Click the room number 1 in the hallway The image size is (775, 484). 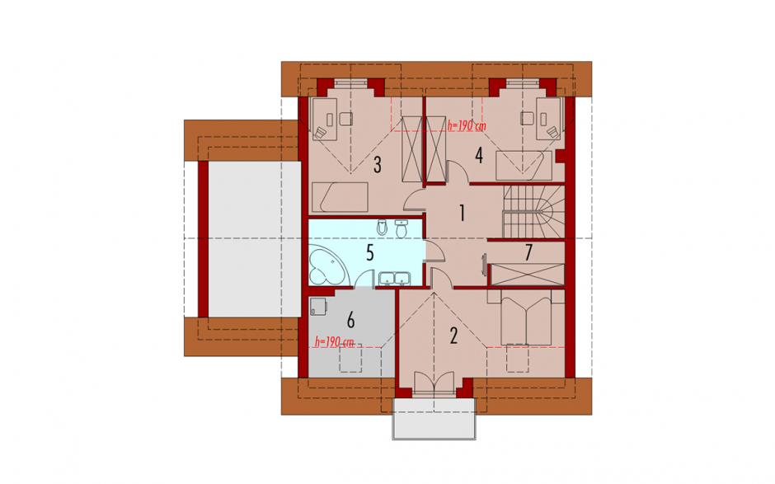click(x=463, y=213)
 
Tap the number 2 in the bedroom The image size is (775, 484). click(x=453, y=336)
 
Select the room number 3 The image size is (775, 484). click(x=377, y=165)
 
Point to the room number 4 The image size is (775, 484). click(x=478, y=155)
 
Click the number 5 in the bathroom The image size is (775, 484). click(x=369, y=253)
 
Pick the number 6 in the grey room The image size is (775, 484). click(x=350, y=320)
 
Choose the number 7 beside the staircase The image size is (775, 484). click(x=528, y=252)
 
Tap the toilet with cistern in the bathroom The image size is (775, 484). click(x=402, y=228)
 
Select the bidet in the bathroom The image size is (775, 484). click(x=382, y=228)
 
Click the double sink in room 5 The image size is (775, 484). click(x=393, y=279)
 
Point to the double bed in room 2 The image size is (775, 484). click(x=526, y=317)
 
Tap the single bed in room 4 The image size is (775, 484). click(x=524, y=166)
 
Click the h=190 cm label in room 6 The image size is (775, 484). click(x=335, y=341)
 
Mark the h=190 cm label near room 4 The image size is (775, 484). click(x=466, y=125)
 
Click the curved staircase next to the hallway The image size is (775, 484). click(x=533, y=211)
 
